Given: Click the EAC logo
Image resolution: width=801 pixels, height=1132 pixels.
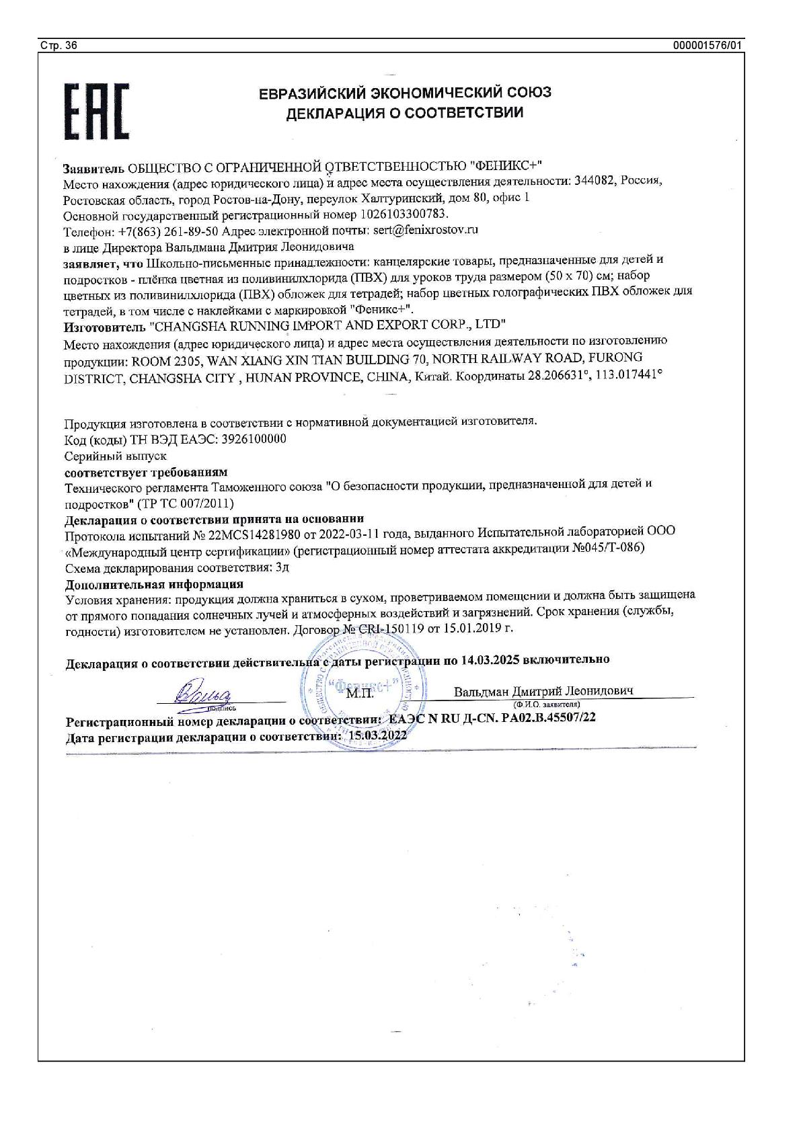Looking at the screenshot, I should click(96, 111).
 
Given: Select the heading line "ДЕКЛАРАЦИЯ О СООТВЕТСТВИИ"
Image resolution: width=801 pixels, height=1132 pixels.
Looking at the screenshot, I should click(404, 112).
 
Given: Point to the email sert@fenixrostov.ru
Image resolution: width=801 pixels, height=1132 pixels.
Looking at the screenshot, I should click(425, 230).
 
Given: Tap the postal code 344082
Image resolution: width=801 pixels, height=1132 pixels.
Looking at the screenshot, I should click(595, 181).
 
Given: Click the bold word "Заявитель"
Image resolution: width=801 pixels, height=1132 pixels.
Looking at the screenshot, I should click(93, 167).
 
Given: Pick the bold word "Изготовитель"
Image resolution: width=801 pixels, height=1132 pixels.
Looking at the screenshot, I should click(104, 327).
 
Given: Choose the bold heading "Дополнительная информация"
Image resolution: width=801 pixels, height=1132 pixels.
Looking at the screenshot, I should click(153, 583).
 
